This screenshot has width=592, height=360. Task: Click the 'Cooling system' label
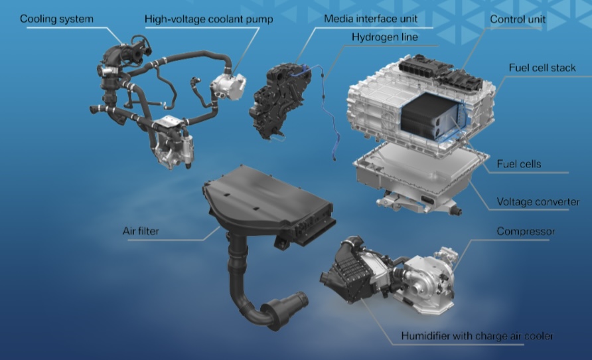pyautogui.click(x=56, y=19)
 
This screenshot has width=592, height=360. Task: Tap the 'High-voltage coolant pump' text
pyautogui.click(x=209, y=19)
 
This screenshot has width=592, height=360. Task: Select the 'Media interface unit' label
pyautogui.click(x=371, y=19)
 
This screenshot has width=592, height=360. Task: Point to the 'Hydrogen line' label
pyautogui.click(x=385, y=37)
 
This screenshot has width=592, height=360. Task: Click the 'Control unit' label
pyautogui.click(x=518, y=19)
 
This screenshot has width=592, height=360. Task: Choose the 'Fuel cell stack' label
pyautogui.click(x=542, y=68)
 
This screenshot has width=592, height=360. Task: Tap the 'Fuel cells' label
pyautogui.click(x=519, y=164)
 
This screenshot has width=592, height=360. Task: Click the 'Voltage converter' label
pyautogui.click(x=538, y=202)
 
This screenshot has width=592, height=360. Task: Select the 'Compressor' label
pyautogui.click(x=526, y=231)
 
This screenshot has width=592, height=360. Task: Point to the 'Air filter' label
pyautogui.click(x=141, y=230)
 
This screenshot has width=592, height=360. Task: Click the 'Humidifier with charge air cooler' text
pyautogui.click(x=477, y=336)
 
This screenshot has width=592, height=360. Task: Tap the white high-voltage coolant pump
pyautogui.click(x=228, y=86)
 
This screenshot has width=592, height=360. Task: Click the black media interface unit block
pyautogui.click(x=280, y=100)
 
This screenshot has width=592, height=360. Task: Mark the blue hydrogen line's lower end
pyautogui.click(x=334, y=159)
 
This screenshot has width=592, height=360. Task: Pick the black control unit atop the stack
pyautogui.click(x=440, y=72)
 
